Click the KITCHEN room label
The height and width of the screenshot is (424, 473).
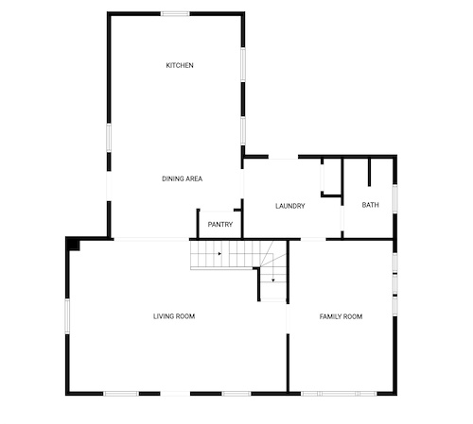click(180, 65)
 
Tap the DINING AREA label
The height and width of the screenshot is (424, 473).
click(182, 178)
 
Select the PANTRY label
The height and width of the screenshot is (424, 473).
click(220, 225)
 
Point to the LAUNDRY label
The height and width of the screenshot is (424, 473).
click(290, 206)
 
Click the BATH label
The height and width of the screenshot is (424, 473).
click(370, 205)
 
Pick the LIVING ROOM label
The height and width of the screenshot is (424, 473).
click(174, 316)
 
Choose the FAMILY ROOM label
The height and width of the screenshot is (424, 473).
click(341, 316)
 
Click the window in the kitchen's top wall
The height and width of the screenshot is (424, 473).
click(175, 14)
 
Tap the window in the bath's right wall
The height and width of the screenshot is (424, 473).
click(394, 199)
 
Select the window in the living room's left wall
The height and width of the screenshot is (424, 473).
click(67, 316)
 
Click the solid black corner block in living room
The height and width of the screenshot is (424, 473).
click(74, 245)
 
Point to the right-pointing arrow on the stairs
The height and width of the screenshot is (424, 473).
click(219, 253)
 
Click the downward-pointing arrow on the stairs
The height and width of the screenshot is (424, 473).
click(273, 280)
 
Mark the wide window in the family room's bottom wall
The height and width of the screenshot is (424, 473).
click(339, 394)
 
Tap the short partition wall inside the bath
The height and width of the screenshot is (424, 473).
click(369, 172)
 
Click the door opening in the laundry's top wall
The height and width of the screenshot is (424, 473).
click(283, 157)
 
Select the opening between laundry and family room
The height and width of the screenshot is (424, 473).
click(313, 240)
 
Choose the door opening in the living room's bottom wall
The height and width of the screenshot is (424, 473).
click(175, 394)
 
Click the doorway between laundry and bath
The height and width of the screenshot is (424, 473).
click(342, 218)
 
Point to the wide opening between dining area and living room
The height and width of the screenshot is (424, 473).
click(151, 240)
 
